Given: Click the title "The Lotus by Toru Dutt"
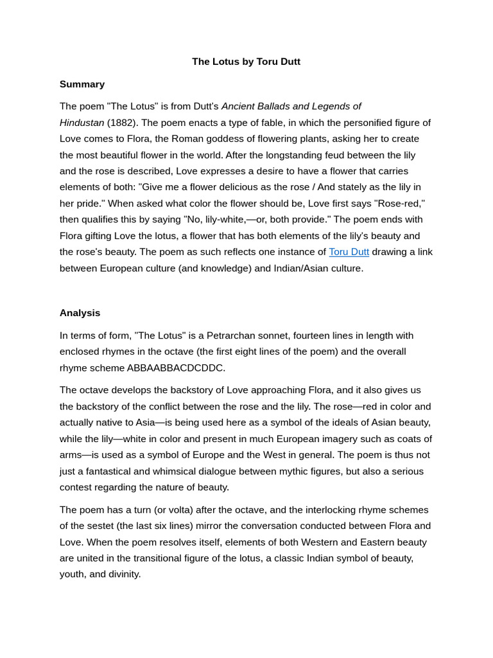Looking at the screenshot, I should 246,62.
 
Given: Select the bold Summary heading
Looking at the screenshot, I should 82,84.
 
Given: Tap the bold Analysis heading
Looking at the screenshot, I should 80,313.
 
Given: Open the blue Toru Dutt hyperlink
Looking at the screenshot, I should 349,252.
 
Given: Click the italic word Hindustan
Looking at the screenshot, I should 82,123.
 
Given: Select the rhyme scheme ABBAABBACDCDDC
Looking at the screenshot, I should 176,368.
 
